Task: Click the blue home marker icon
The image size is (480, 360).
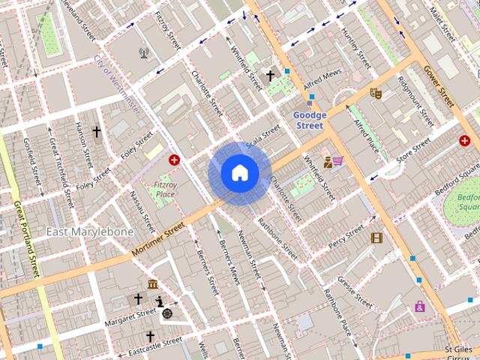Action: [x=239, y=173]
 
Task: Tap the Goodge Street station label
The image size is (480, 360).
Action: [x=308, y=121]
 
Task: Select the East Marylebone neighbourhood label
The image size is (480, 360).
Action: [x=90, y=232]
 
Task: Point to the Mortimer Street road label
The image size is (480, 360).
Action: [x=157, y=239]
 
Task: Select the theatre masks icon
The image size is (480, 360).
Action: [x=376, y=93]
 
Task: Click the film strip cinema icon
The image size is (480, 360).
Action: [x=376, y=238]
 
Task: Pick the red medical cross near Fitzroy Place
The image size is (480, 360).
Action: [x=175, y=160]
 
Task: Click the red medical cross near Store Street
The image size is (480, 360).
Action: [x=464, y=140]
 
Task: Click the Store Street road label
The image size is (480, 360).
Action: [x=414, y=151]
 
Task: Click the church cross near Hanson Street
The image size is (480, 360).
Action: [x=96, y=132]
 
